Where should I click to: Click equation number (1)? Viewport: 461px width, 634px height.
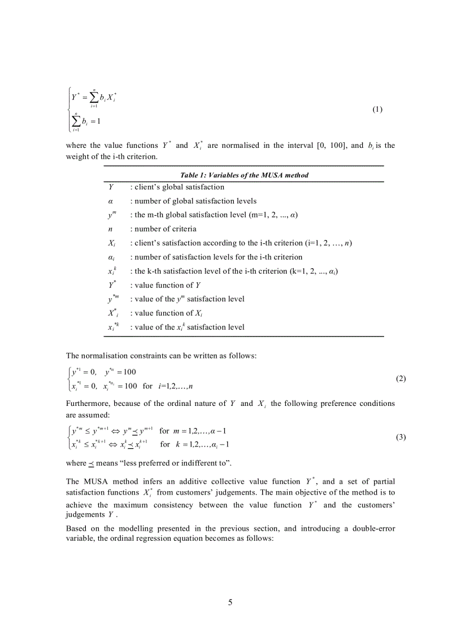click(x=377, y=110)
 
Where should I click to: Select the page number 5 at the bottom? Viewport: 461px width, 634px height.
click(x=230, y=602)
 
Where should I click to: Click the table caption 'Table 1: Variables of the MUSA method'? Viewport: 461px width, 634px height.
click(x=244, y=175)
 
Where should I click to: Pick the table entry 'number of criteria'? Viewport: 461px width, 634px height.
click(x=165, y=229)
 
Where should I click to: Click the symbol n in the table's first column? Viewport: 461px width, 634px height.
click(x=110, y=229)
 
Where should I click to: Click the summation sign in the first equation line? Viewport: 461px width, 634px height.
click(x=94, y=97)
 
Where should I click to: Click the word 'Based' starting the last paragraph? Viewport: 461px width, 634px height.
click(x=76, y=528)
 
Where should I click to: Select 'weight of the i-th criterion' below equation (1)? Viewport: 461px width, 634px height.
click(x=111, y=156)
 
